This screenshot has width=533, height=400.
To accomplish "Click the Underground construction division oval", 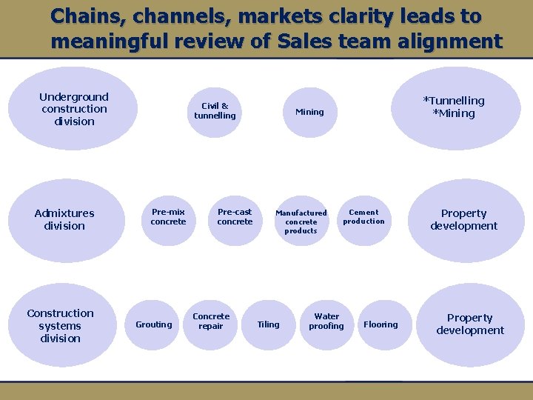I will click(74, 109).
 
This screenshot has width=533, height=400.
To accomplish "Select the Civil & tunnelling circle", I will click(215, 111).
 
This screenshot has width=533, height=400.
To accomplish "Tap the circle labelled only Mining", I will click(309, 112).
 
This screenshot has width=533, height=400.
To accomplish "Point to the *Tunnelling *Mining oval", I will click(454, 107).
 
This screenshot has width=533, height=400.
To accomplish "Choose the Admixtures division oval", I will click(65, 220).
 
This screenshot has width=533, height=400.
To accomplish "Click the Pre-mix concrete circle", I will click(168, 217).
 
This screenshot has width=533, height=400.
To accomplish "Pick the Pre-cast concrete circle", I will click(235, 217).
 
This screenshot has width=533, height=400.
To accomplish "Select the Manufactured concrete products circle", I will click(301, 221).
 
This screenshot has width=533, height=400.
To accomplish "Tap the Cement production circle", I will click(363, 217).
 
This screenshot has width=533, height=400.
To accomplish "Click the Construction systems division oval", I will click(61, 326).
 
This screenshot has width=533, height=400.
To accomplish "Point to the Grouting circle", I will click(153, 324).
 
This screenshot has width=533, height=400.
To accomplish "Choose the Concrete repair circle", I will click(211, 321).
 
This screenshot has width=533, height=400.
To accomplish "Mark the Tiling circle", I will click(268, 324).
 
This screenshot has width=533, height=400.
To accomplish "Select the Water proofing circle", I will click(326, 321).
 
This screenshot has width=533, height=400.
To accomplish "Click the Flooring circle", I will click(381, 324).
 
